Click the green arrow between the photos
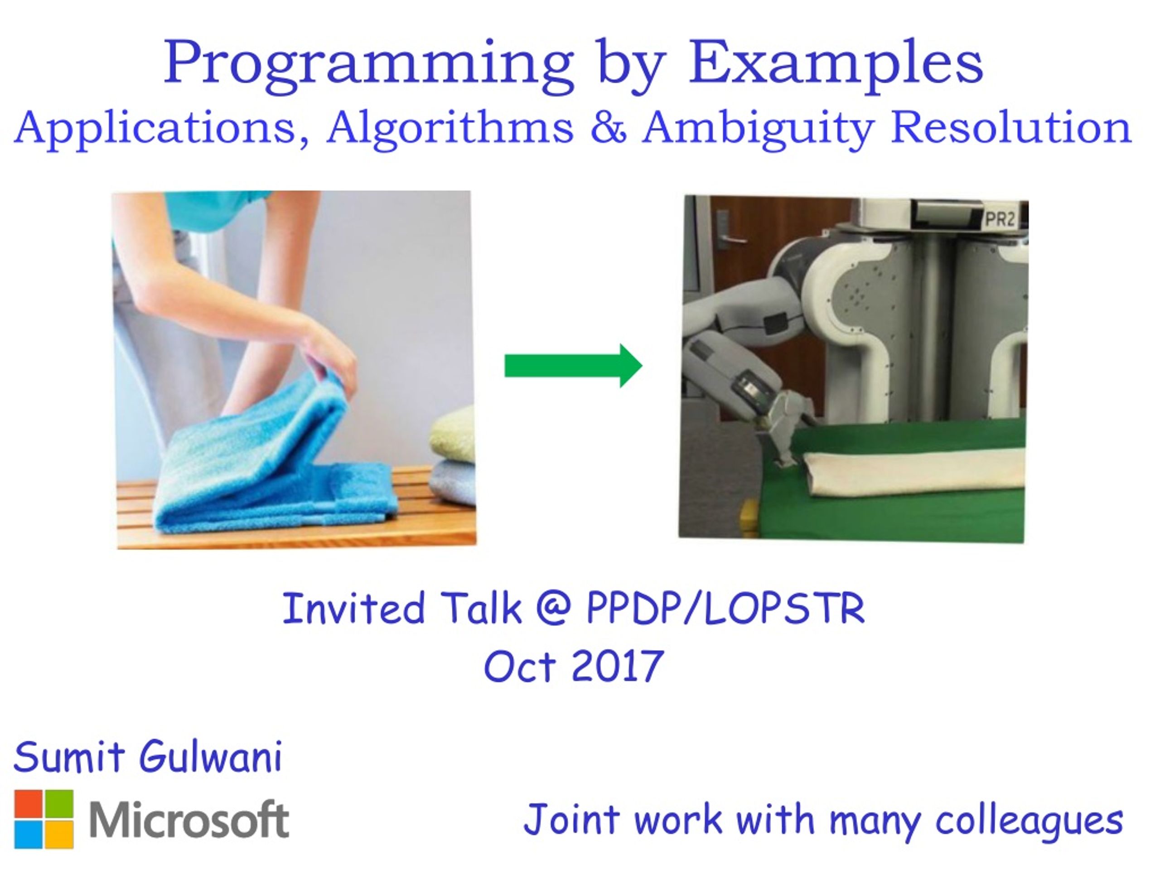[573, 366]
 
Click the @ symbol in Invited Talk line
[554, 607]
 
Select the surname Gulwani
[210, 757]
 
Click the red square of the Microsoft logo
[28, 803]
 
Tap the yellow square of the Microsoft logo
[59, 835]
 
